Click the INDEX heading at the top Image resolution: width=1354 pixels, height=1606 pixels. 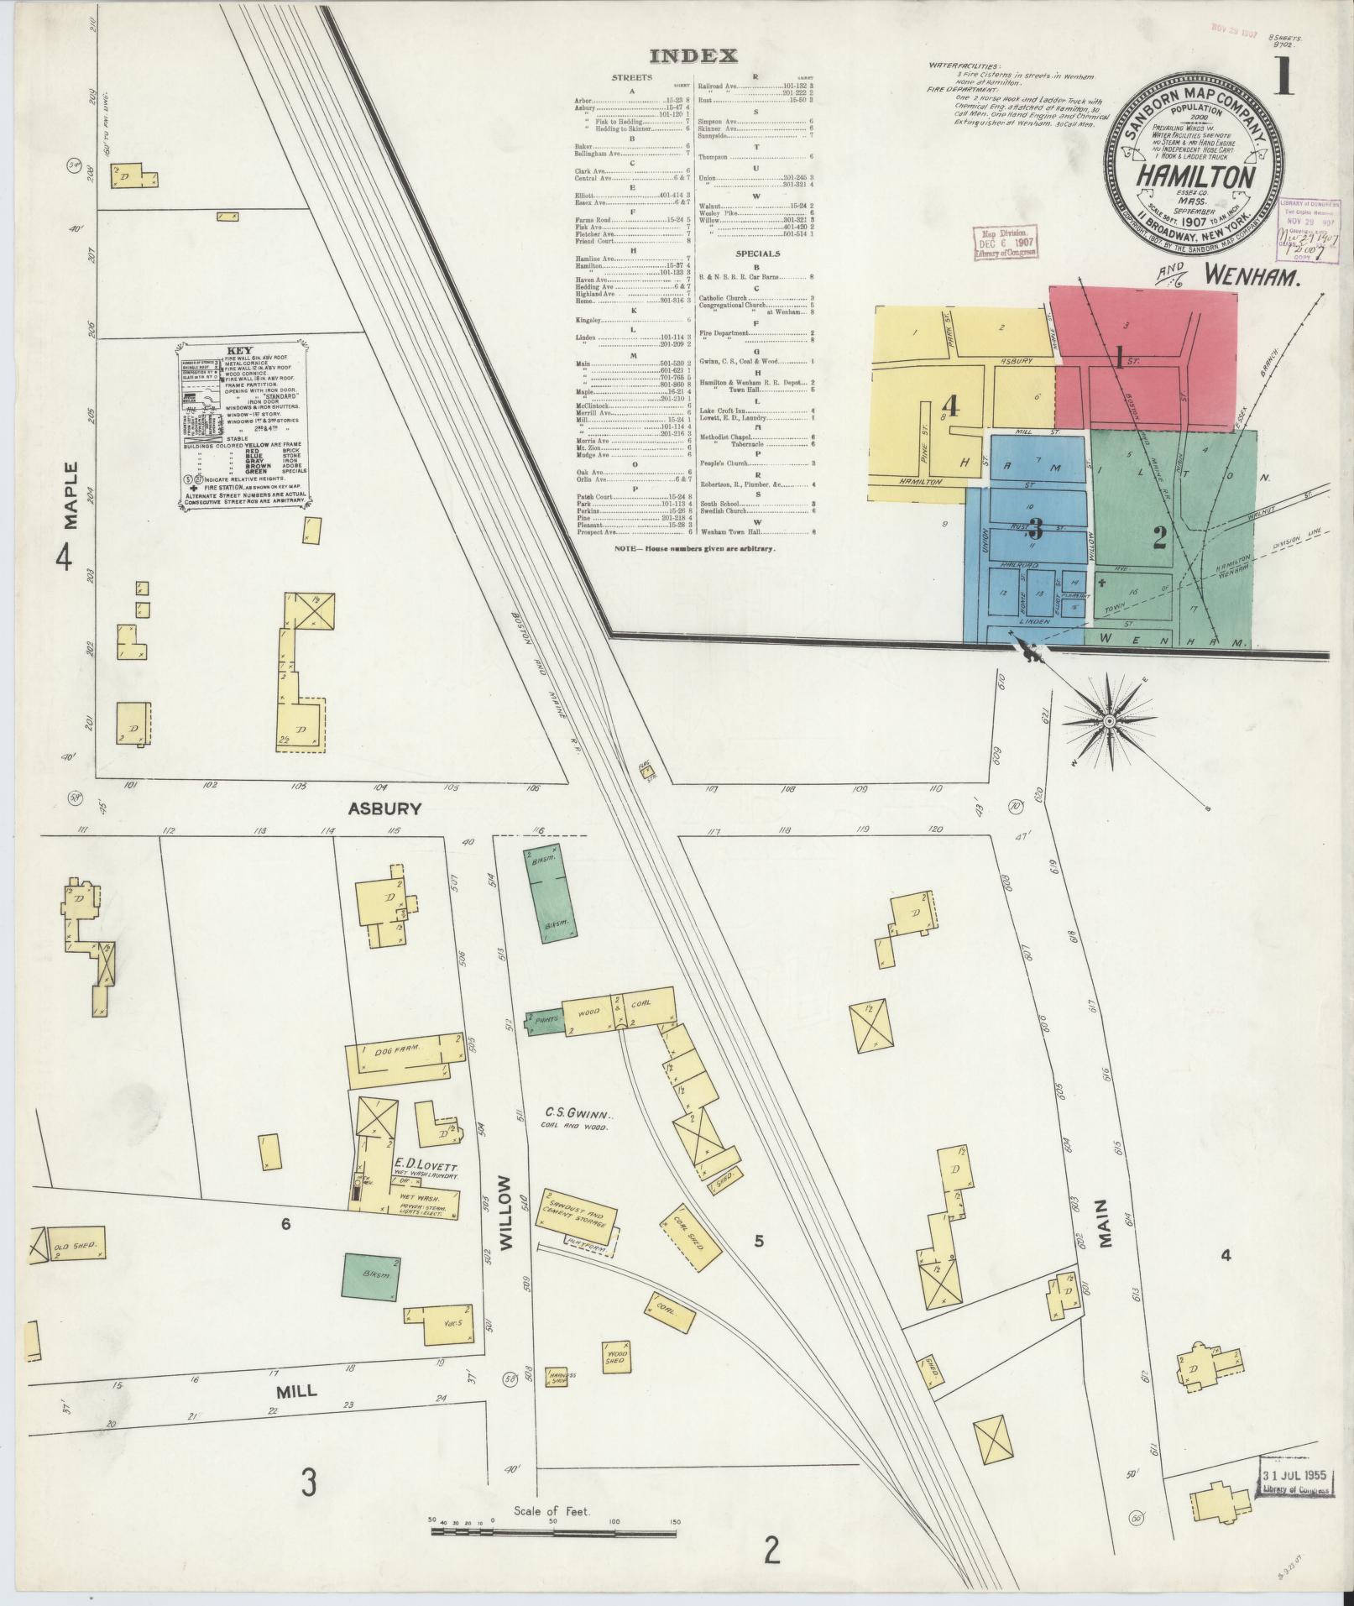694,56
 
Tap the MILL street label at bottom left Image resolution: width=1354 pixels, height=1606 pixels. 296,1390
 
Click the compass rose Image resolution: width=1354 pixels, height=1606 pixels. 1109,721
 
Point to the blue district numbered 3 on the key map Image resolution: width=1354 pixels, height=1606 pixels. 1034,529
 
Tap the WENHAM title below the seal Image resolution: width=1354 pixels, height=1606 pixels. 1255,275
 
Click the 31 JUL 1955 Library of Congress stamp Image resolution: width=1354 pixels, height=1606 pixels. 1297,1483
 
